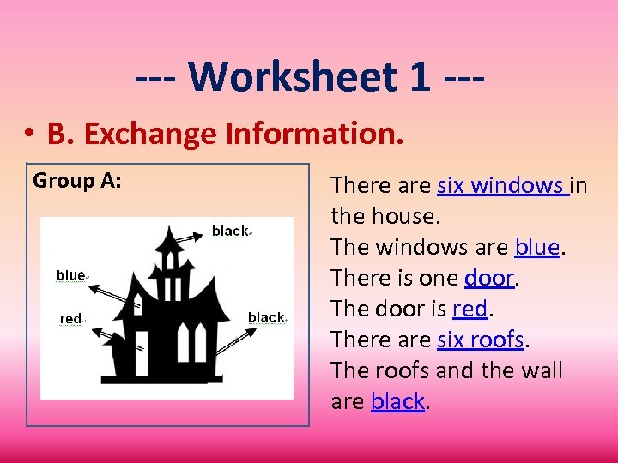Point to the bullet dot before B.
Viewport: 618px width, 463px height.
(28, 135)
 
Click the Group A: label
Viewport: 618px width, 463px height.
(76, 181)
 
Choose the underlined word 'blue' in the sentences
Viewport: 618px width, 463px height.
(536, 247)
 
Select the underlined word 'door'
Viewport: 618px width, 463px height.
(488, 278)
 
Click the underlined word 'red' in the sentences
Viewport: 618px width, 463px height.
(469, 309)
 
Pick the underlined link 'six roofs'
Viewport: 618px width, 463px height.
(480, 340)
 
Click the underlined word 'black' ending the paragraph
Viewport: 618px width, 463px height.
(397, 401)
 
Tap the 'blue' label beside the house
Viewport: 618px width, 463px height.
(70, 275)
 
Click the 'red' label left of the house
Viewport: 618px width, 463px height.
(70, 319)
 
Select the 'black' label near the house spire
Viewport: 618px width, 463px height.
(229, 231)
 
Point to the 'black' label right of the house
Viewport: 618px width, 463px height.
(265, 317)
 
